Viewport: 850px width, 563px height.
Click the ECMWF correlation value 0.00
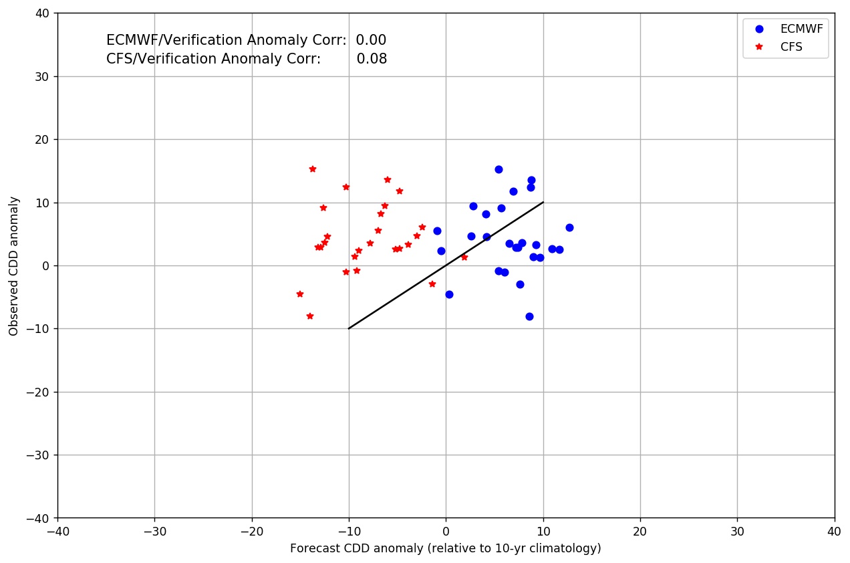371,40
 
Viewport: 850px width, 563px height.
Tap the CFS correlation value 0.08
372,59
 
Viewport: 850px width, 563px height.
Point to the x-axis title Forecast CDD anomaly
445,548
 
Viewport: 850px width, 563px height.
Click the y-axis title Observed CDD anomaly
13,265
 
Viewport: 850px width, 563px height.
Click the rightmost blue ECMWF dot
569,227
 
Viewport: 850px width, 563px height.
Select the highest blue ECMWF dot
499,169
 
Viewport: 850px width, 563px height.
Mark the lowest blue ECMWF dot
529,316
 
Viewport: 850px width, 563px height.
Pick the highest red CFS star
313,169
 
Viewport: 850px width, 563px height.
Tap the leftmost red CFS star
300,294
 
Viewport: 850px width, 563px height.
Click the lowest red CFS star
310,316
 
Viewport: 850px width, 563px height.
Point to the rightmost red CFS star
464,257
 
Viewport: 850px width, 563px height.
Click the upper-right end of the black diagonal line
543,203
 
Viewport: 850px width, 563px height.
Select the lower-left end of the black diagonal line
349,328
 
